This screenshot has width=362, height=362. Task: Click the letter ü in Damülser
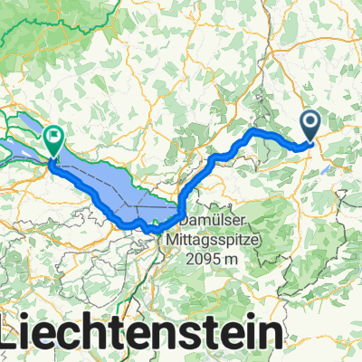(214, 220)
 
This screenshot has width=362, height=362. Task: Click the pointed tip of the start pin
(310, 143)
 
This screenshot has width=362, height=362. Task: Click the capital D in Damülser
(182, 220)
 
